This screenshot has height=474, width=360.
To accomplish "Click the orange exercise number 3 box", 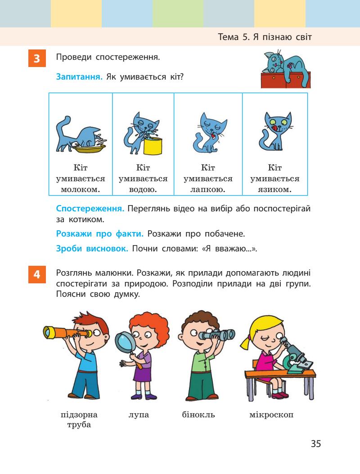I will [x=37, y=59].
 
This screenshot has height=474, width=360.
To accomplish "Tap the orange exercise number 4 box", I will [x=37, y=274].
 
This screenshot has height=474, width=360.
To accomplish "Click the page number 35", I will [x=315, y=444].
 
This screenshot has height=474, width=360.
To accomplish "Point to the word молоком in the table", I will [x=81, y=189].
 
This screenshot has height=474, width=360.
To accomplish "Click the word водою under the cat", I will [x=143, y=189].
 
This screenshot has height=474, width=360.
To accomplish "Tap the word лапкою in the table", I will [x=208, y=189].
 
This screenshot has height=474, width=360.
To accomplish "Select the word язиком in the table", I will [x=274, y=189].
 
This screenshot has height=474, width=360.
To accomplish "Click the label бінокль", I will [x=195, y=414].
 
